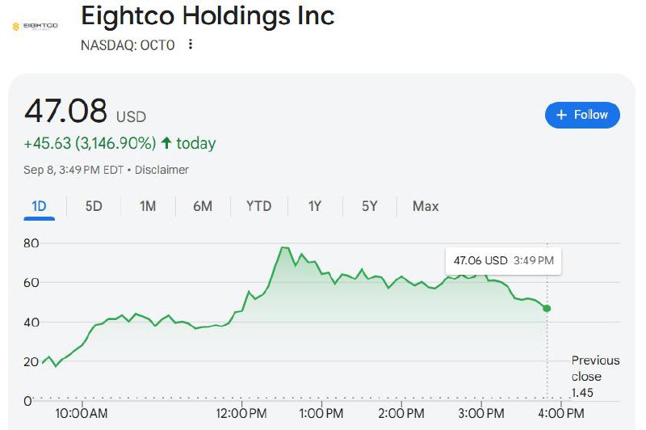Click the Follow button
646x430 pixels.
pyautogui.click(x=582, y=115)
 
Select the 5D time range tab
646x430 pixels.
pyautogui.click(x=94, y=206)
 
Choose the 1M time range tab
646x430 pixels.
pyautogui.click(x=148, y=206)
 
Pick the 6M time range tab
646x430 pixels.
pyautogui.click(x=203, y=206)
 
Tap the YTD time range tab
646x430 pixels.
pyautogui.click(x=258, y=206)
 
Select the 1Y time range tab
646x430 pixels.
pyautogui.click(x=315, y=206)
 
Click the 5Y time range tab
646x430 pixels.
pyautogui.click(x=369, y=206)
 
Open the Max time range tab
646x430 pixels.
pyautogui.click(x=426, y=206)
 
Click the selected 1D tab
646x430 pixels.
pyautogui.click(x=39, y=206)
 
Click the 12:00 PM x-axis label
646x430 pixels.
pyautogui.click(x=243, y=414)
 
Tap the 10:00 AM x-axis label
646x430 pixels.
pyautogui.click(x=82, y=414)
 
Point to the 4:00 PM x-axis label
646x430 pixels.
pyautogui.click(x=561, y=414)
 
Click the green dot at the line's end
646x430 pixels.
pyautogui.click(x=547, y=309)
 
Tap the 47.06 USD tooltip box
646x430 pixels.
pyautogui.click(x=503, y=260)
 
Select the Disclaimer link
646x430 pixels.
pyautogui.click(x=161, y=170)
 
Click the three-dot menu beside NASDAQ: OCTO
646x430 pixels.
pyautogui.click(x=191, y=44)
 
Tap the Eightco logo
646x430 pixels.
pyautogui.click(x=35, y=26)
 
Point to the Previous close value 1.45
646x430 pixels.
pyautogui.click(x=583, y=392)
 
